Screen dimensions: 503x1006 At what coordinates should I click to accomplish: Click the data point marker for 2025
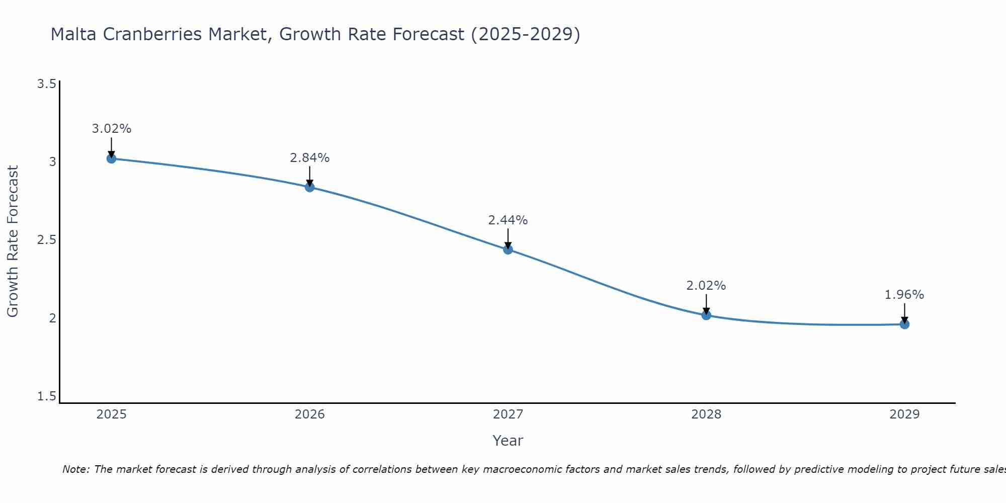[x=111, y=158]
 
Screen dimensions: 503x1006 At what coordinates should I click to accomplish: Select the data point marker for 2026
[x=309, y=187]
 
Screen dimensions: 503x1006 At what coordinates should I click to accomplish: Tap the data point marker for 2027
[x=508, y=249]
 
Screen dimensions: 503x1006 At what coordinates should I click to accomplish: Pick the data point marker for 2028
[x=706, y=315]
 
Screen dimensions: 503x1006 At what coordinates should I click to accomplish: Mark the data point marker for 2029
[x=904, y=324]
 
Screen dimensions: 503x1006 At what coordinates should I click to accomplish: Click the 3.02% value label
[x=111, y=129]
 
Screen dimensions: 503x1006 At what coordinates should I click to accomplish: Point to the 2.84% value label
[x=309, y=158]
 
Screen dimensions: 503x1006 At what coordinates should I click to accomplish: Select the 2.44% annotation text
[x=508, y=220]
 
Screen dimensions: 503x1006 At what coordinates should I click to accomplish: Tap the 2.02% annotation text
[x=706, y=286]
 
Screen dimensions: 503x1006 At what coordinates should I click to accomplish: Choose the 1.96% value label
[x=904, y=295]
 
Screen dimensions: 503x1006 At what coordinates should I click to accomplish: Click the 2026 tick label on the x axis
[x=309, y=414]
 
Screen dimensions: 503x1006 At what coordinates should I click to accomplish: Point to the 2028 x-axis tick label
[x=706, y=414]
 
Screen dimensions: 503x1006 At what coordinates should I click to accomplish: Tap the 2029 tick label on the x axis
[x=904, y=414]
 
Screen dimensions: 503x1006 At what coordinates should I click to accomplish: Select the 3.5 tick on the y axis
[x=46, y=84]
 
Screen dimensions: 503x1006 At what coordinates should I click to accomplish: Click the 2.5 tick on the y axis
[x=46, y=240]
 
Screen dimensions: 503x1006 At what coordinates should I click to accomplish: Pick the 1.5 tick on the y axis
[x=46, y=396]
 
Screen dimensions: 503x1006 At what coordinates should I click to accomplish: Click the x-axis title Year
[x=508, y=441]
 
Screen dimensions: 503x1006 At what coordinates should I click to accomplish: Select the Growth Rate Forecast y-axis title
[x=13, y=241]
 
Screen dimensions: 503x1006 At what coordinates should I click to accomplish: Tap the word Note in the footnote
[x=75, y=469]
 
